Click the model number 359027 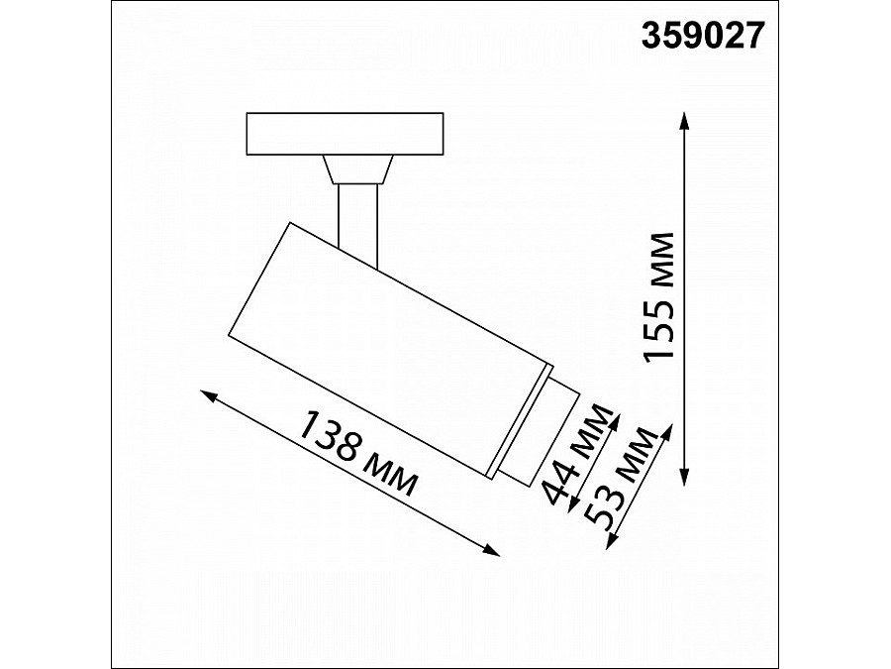(704, 36)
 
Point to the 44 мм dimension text (578, 457)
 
